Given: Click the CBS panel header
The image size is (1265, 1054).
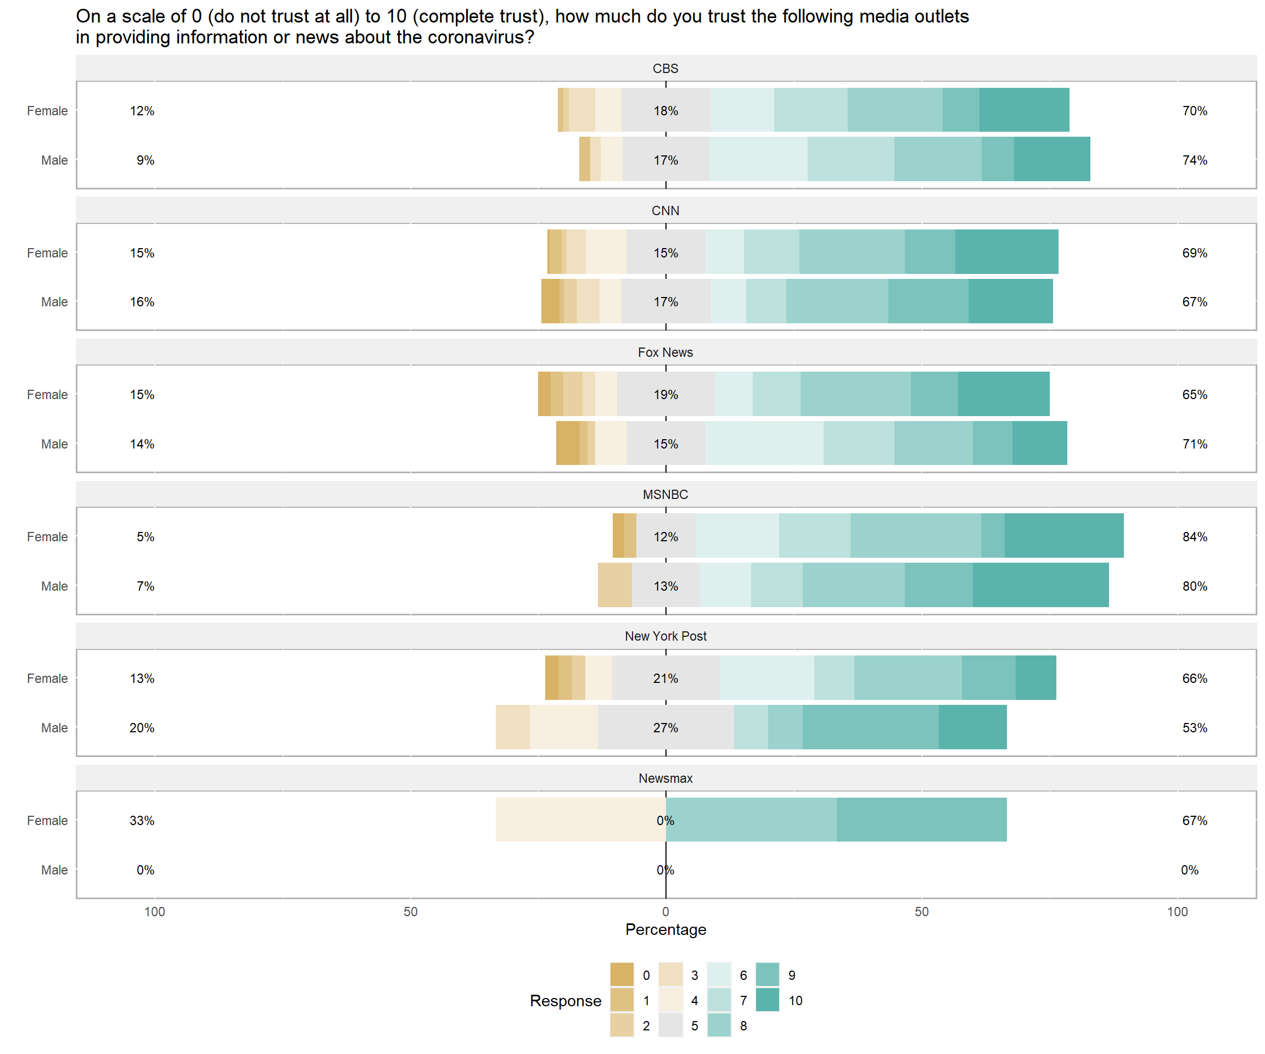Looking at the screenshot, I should tap(665, 69).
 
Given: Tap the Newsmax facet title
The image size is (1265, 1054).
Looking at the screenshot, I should tap(665, 778).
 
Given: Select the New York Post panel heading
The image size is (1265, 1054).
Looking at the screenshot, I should tap(665, 636).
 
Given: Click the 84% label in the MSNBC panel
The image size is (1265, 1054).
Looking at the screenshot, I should tap(1195, 537).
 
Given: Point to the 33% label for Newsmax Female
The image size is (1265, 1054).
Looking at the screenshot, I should tap(142, 820).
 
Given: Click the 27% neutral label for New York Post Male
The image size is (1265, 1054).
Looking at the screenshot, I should tap(665, 727).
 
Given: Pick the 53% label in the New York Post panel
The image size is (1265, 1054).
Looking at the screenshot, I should tap(1195, 727).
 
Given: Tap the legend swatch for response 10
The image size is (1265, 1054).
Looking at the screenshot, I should tap(767, 1000).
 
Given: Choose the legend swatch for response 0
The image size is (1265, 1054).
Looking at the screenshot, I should tap(622, 974).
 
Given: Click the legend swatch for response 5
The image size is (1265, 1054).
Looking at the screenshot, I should tap(670, 1025).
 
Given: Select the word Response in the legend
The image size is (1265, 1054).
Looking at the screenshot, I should tap(565, 1000).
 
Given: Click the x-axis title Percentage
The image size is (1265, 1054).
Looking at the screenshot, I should tap(665, 929).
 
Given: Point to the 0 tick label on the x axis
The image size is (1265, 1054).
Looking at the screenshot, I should tap(665, 911).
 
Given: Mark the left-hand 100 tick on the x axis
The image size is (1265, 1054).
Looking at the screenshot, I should tap(154, 911).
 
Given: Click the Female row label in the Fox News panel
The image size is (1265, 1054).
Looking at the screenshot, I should tap(47, 395).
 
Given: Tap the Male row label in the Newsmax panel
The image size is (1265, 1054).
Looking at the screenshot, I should tap(54, 870).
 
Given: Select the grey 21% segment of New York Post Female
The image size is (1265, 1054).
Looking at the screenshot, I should tap(665, 677).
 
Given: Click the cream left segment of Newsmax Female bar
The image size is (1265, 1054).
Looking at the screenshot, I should tap(580, 820).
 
